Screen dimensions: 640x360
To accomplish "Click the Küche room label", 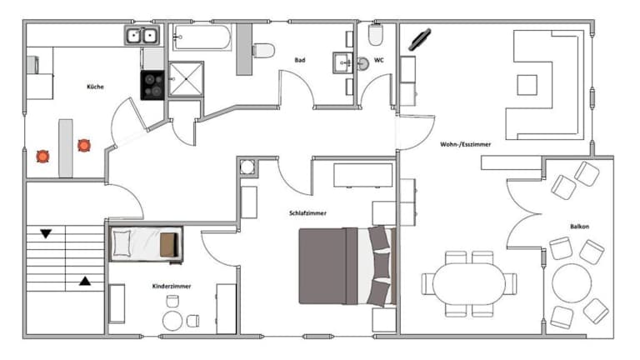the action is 95,87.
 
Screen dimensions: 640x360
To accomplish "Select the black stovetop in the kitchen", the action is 152,85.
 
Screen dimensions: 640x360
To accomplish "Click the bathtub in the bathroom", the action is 202,37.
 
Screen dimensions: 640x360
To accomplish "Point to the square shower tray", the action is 186,79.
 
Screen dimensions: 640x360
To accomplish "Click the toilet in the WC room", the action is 376,34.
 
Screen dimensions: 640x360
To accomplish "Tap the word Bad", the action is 300,60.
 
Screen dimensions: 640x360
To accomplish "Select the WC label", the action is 379,60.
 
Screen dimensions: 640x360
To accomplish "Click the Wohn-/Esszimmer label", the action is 465,144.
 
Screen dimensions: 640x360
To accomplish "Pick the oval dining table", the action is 469,283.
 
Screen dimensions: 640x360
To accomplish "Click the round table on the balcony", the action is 572,282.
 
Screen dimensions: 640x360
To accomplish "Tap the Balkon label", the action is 580,226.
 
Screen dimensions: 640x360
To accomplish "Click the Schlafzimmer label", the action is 307,213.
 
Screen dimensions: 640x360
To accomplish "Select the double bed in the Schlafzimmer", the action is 347,266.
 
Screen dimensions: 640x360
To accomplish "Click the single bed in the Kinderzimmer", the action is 146,243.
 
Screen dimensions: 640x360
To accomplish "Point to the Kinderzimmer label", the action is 172,286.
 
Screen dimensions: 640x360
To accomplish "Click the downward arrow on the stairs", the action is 46,234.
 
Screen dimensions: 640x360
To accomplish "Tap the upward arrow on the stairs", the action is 85,281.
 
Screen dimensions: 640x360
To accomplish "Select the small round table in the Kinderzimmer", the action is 172,321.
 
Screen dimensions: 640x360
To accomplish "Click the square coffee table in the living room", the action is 527,85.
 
